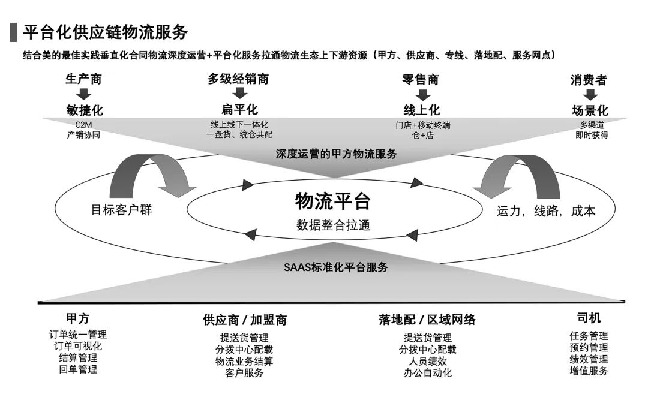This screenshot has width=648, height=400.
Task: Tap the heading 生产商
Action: coord(83,79)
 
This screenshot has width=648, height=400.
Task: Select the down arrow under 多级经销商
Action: coord(239,94)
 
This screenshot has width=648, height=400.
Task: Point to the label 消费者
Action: coord(589,80)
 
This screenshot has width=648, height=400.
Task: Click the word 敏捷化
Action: coord(85,110)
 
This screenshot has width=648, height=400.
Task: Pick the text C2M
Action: coord(83,124)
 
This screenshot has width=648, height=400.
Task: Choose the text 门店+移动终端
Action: coord(422,125)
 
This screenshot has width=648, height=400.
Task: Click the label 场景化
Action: coord(590,111)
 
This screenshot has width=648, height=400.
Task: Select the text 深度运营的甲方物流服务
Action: coord(337,154)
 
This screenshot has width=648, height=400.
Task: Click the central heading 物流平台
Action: coord(332,201)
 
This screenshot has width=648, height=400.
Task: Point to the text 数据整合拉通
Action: coord(332,225)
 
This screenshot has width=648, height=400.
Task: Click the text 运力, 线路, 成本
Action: coord(545,211)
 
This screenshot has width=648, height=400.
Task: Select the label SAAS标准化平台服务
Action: coord(335,267)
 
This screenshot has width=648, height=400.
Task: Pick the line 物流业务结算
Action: coord(244,361)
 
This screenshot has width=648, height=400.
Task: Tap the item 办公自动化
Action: coord(427,373)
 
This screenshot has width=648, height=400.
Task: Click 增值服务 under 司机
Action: coord(589,371)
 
